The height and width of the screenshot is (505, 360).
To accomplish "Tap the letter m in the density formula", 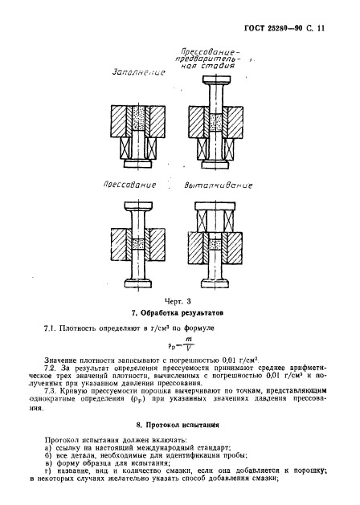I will click(x=188, y=340).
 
